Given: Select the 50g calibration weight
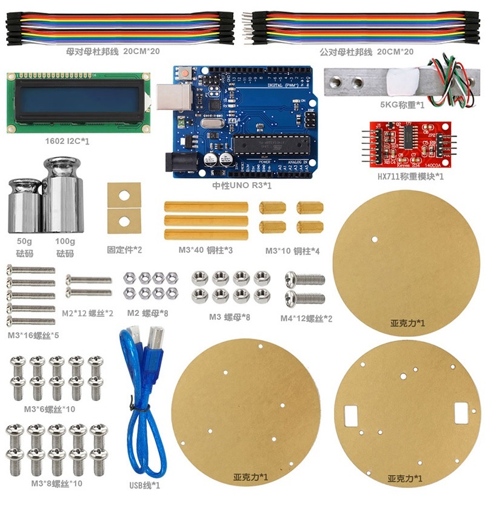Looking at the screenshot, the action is (x=23, y=206).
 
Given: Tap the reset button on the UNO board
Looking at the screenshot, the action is (x=183, y=74).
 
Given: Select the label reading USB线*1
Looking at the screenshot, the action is (x=145, y=485).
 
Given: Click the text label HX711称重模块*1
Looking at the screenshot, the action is (x=411, y=177).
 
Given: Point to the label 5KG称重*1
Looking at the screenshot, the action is (x=402, y=104).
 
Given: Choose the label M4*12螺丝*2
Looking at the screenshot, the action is (x=306, y=318).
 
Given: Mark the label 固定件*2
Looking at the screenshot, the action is (x=124, y=250).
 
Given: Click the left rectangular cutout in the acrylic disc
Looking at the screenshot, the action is (x=352, y=415).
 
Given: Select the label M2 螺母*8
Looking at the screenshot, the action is (x=147, y=313).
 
